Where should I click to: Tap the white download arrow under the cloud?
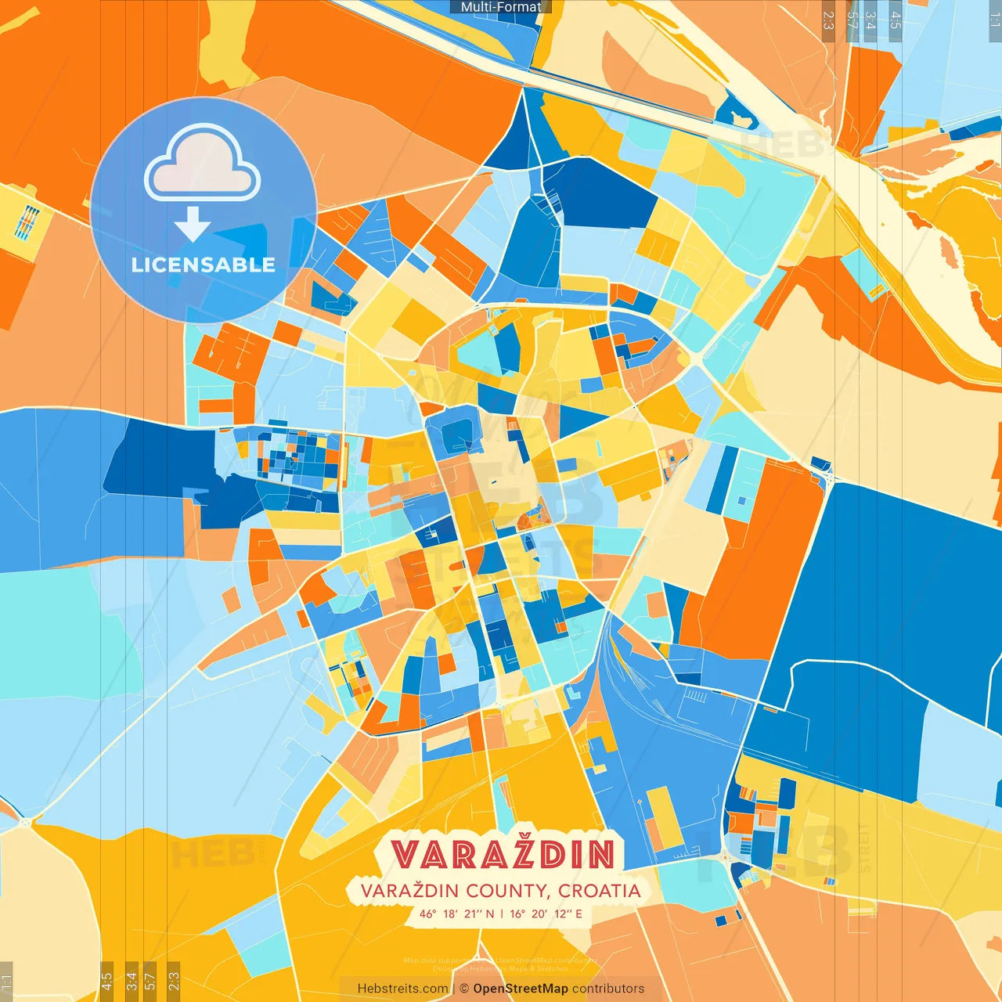pyautogui.click(x=193, y=224)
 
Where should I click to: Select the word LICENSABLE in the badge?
pyautogui.click(x=204, y=265)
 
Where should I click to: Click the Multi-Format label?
pyautogui.click(x=501, y=7)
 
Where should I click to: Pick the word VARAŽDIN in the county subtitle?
pyautogui.click(x=409, y=891)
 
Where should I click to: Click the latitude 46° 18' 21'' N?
pyautogui.click(x=456, y=914)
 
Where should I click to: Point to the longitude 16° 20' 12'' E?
pyautogui.click(x=546, y=914)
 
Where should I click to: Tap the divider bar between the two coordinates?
pyautogui.click(x=502, y=914)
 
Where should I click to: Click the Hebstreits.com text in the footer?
pyautogui.click(x=402, y=989)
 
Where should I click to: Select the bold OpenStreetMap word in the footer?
pyautogui.click(x=521, y=989)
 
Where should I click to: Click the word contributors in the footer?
pyautogui.click(x=608, y=989)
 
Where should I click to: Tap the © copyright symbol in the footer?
pyautogui.click(x=464, y=989)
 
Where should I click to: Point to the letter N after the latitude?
pyautogui.click(x=490, y=914)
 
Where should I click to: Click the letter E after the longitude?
pyautogui.click(x=578, y=914)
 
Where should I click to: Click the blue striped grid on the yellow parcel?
pyautogui.click(x=27, y=222)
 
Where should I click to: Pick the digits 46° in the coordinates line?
pyautogui.click(x=427, y=914)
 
